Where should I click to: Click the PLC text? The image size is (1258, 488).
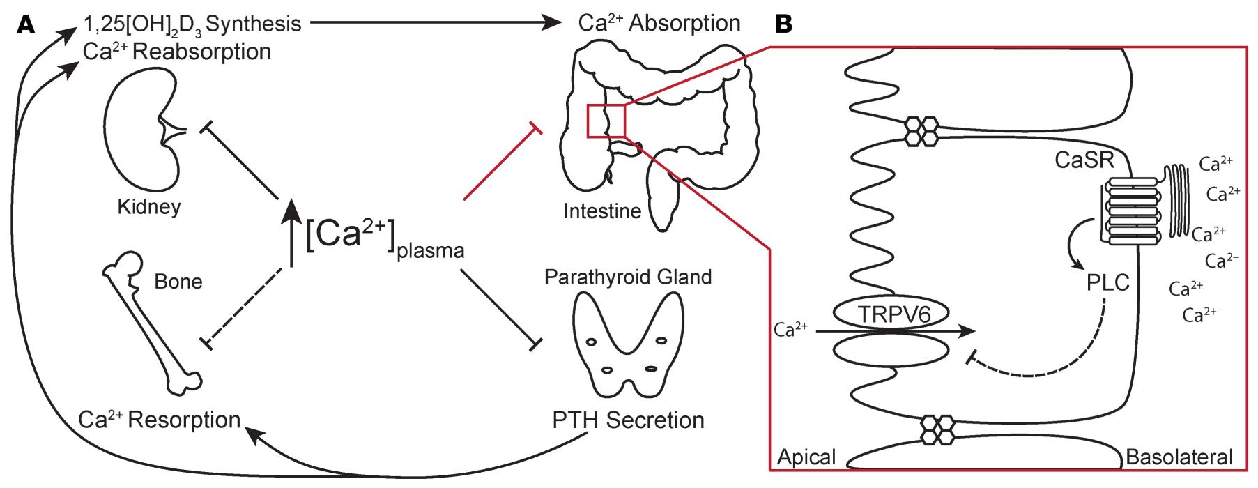click(1107, 283)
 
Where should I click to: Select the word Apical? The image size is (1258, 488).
click(806, 457)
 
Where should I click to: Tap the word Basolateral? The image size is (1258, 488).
click(1179, 457)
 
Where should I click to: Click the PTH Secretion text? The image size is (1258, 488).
click(628, 420)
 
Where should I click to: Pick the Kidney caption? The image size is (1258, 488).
click(149, 207)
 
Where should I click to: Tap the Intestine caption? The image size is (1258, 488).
click(602, 211)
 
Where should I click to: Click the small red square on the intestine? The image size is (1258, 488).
click(606, 121)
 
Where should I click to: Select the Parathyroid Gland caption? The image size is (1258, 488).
click(628, 277)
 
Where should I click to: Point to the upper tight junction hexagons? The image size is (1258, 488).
click(921, 130)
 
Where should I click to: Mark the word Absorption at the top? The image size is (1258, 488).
click(684, 23)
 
